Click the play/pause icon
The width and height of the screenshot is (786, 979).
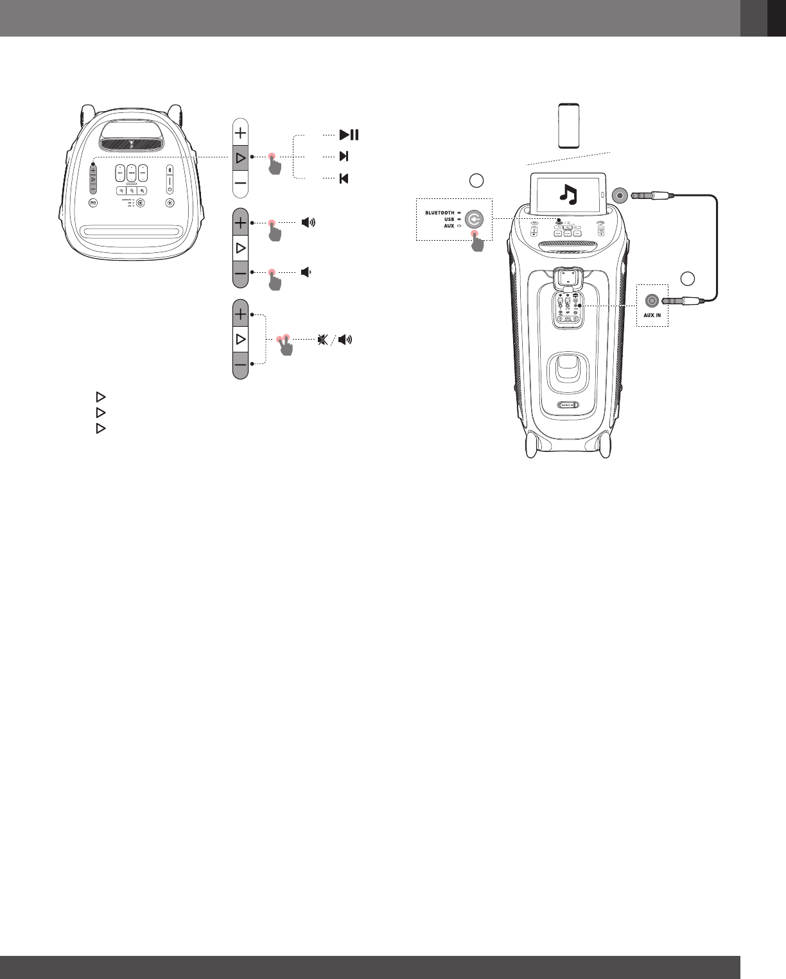[349, 135]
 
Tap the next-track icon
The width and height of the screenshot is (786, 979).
[344, 156]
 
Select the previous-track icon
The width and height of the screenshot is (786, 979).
[344, 178]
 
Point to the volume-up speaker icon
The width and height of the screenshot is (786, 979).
[309, 223]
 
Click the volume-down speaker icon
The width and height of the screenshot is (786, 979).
[306, 272]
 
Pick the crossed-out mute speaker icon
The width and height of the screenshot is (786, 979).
[322, 339]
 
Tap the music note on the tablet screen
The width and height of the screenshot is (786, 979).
[568, 193]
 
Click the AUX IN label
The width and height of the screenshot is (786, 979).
[652, 316]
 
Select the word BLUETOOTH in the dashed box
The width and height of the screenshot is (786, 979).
[439, 212]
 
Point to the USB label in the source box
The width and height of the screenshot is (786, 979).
[449, 220]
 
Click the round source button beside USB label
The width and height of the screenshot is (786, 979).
[475, 220]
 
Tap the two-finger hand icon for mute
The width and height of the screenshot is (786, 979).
[283, 344]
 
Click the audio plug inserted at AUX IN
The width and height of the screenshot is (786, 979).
[687, 300]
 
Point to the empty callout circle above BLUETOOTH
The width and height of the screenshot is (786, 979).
[476, 180]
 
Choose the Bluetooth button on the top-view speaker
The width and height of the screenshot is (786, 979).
[170, 170]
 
